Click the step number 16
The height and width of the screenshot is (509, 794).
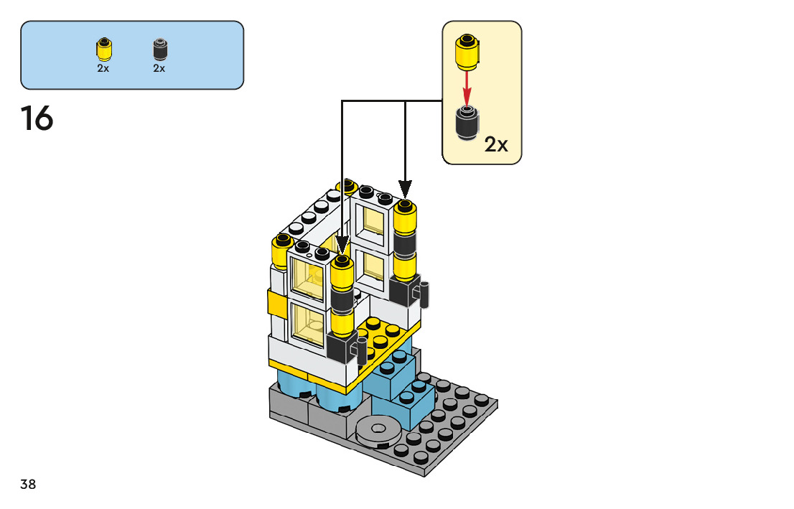click(x=37, y=118)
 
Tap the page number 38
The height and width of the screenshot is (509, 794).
click(x=28, y=485)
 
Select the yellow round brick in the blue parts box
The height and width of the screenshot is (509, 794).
click(x=103, y=49)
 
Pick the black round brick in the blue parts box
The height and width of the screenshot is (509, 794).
click(x=159, y=49)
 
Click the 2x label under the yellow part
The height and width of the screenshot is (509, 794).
click(x=103, y=68)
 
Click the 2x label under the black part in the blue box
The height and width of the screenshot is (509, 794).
click(x=159, y=68)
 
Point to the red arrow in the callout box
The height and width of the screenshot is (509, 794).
click(x=467, y=88)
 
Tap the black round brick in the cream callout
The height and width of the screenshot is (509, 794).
click(x=468, y=122)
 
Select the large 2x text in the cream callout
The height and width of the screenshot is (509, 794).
click(x=496, y=144)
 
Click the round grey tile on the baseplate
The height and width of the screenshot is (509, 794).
click(x=378, y=430)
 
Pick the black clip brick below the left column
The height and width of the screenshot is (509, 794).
click(x=342, y=348)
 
